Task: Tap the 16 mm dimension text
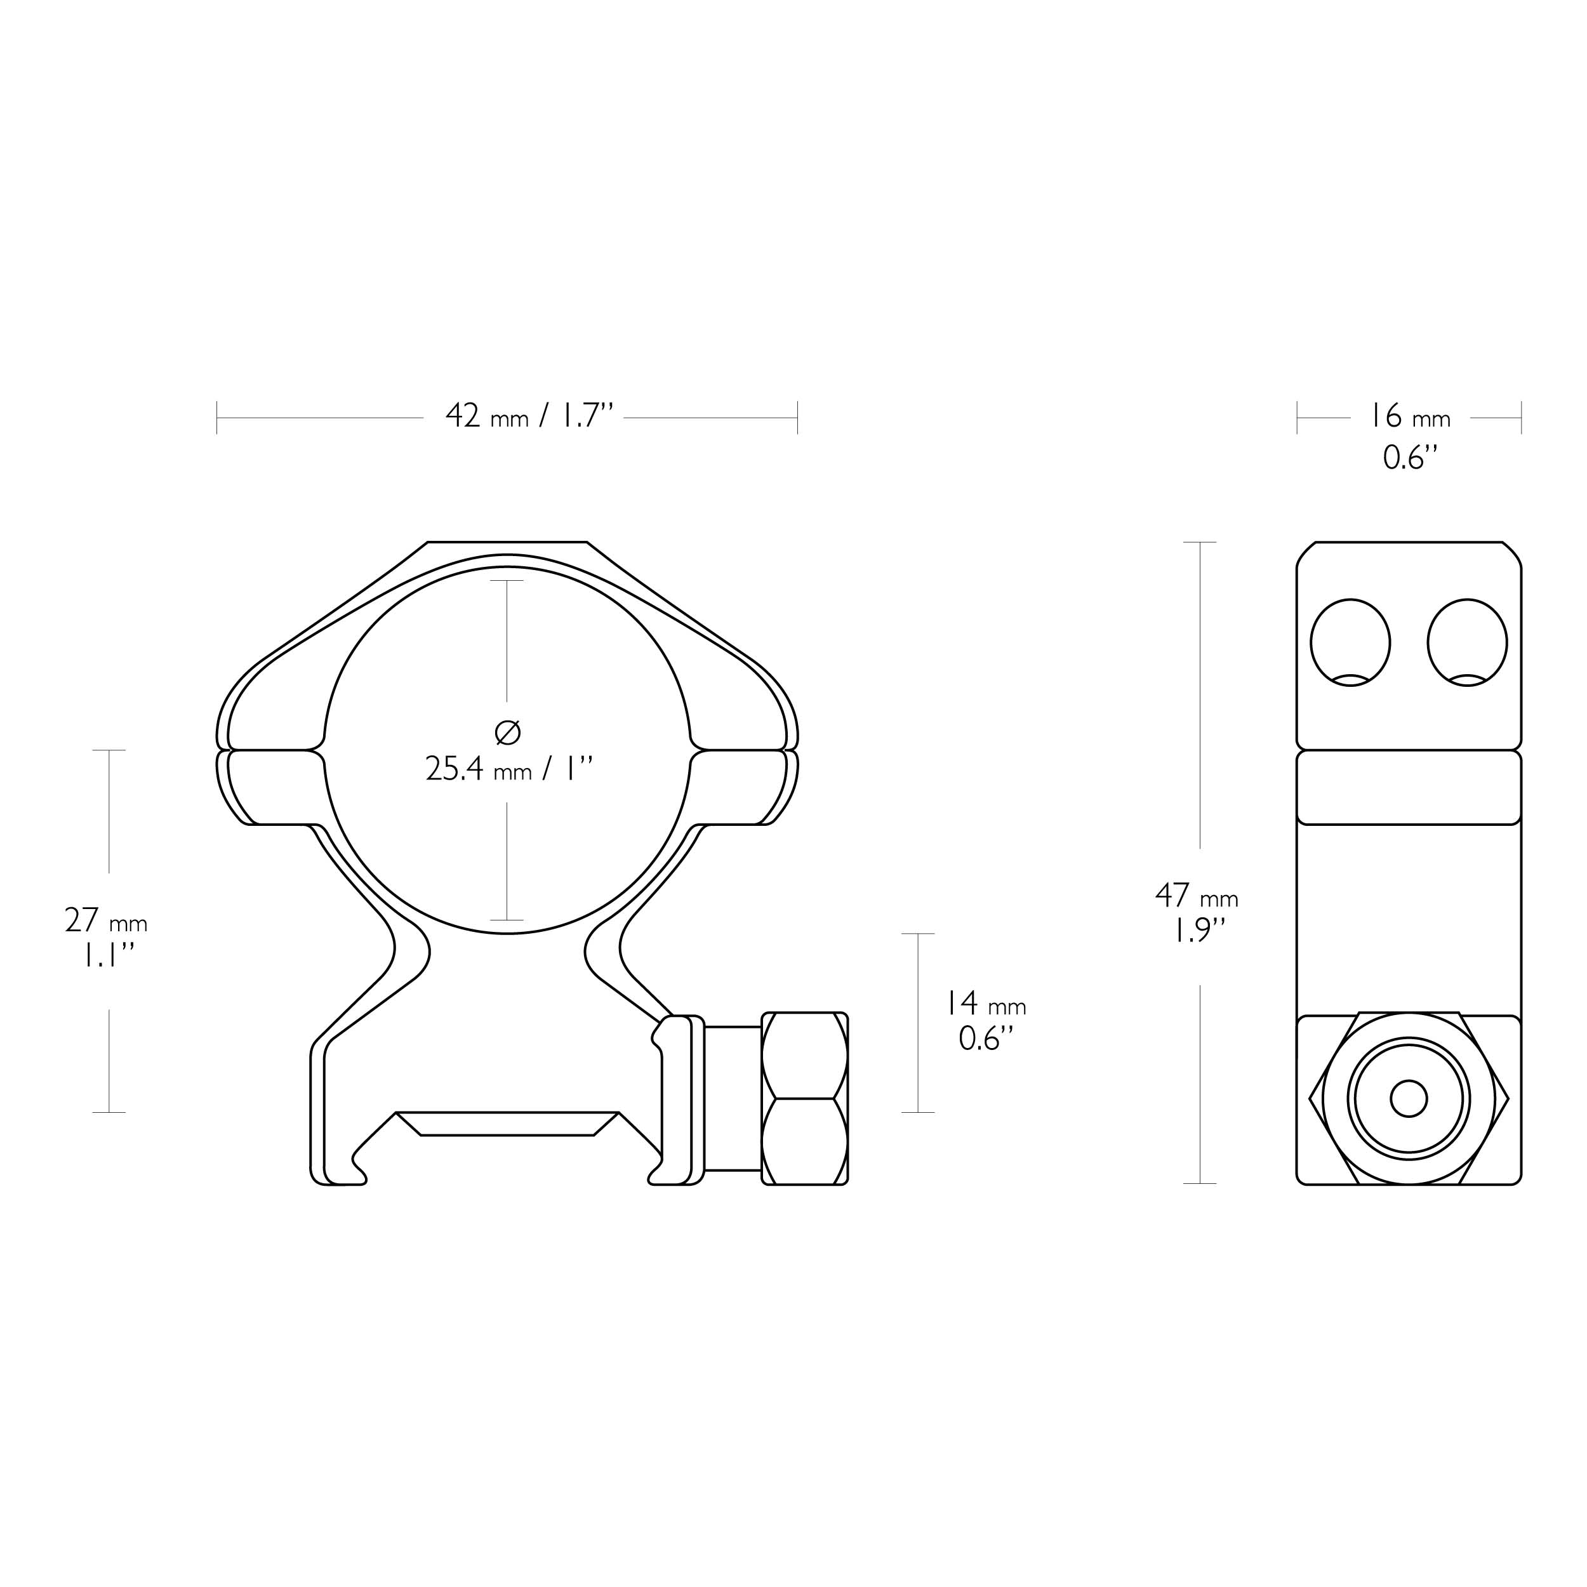coord(1409,417)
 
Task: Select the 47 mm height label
coord(1196,894)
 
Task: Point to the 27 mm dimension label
coord(106,920)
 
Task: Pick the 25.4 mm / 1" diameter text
coord(508,769)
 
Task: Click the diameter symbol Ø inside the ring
coord(508,732)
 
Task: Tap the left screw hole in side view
coord(1350,642)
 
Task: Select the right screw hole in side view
coord(1467,642)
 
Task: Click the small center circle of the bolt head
coord(1409,1099)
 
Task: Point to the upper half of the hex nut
coord(804,1056)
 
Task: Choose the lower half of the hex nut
coord(804,1142)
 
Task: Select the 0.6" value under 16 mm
coord(1409,456)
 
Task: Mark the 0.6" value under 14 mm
coord(986,1039)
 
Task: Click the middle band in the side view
coord(1409,787)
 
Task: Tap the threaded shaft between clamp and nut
coord(733,1098)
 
